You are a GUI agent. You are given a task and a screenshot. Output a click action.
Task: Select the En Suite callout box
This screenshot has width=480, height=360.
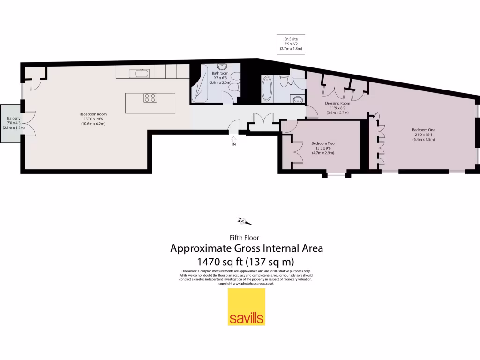click(290, 43)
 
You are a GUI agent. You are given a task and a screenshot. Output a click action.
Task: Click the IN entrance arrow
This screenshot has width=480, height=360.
click(234, 139)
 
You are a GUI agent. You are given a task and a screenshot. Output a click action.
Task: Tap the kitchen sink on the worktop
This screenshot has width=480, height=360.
click(140, 73)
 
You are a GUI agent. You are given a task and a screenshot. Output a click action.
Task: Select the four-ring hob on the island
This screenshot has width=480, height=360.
click(150, 98)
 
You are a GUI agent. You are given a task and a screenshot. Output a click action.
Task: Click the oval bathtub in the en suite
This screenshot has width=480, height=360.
click(267, 89)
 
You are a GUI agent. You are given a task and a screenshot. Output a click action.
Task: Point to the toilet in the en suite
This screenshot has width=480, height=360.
click(283, 81)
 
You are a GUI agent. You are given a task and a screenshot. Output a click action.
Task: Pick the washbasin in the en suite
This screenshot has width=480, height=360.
click(297, 99)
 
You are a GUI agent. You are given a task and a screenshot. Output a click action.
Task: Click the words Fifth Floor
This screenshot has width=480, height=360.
click(244, 238)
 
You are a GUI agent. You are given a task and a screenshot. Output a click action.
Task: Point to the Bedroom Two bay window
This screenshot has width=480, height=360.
click(335, 175)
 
